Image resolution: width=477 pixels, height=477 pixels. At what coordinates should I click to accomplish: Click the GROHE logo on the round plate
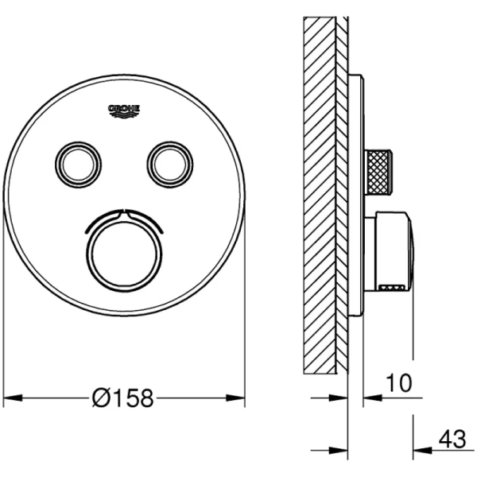click(x=124, y=111)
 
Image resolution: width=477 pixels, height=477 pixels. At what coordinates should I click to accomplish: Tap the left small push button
click(x=78, y=165)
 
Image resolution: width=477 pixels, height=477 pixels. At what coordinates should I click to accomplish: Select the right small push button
click(x=170, y=165)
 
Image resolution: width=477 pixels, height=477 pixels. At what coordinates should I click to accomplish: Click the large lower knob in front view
click(x=125, y=254)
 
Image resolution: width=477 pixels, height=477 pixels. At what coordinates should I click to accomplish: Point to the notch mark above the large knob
click(x=125, y=214)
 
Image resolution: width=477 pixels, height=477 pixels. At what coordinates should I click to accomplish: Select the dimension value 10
click(x=399, y=383)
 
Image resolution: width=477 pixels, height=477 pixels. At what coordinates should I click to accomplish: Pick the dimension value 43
click(x=452, y=440)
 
